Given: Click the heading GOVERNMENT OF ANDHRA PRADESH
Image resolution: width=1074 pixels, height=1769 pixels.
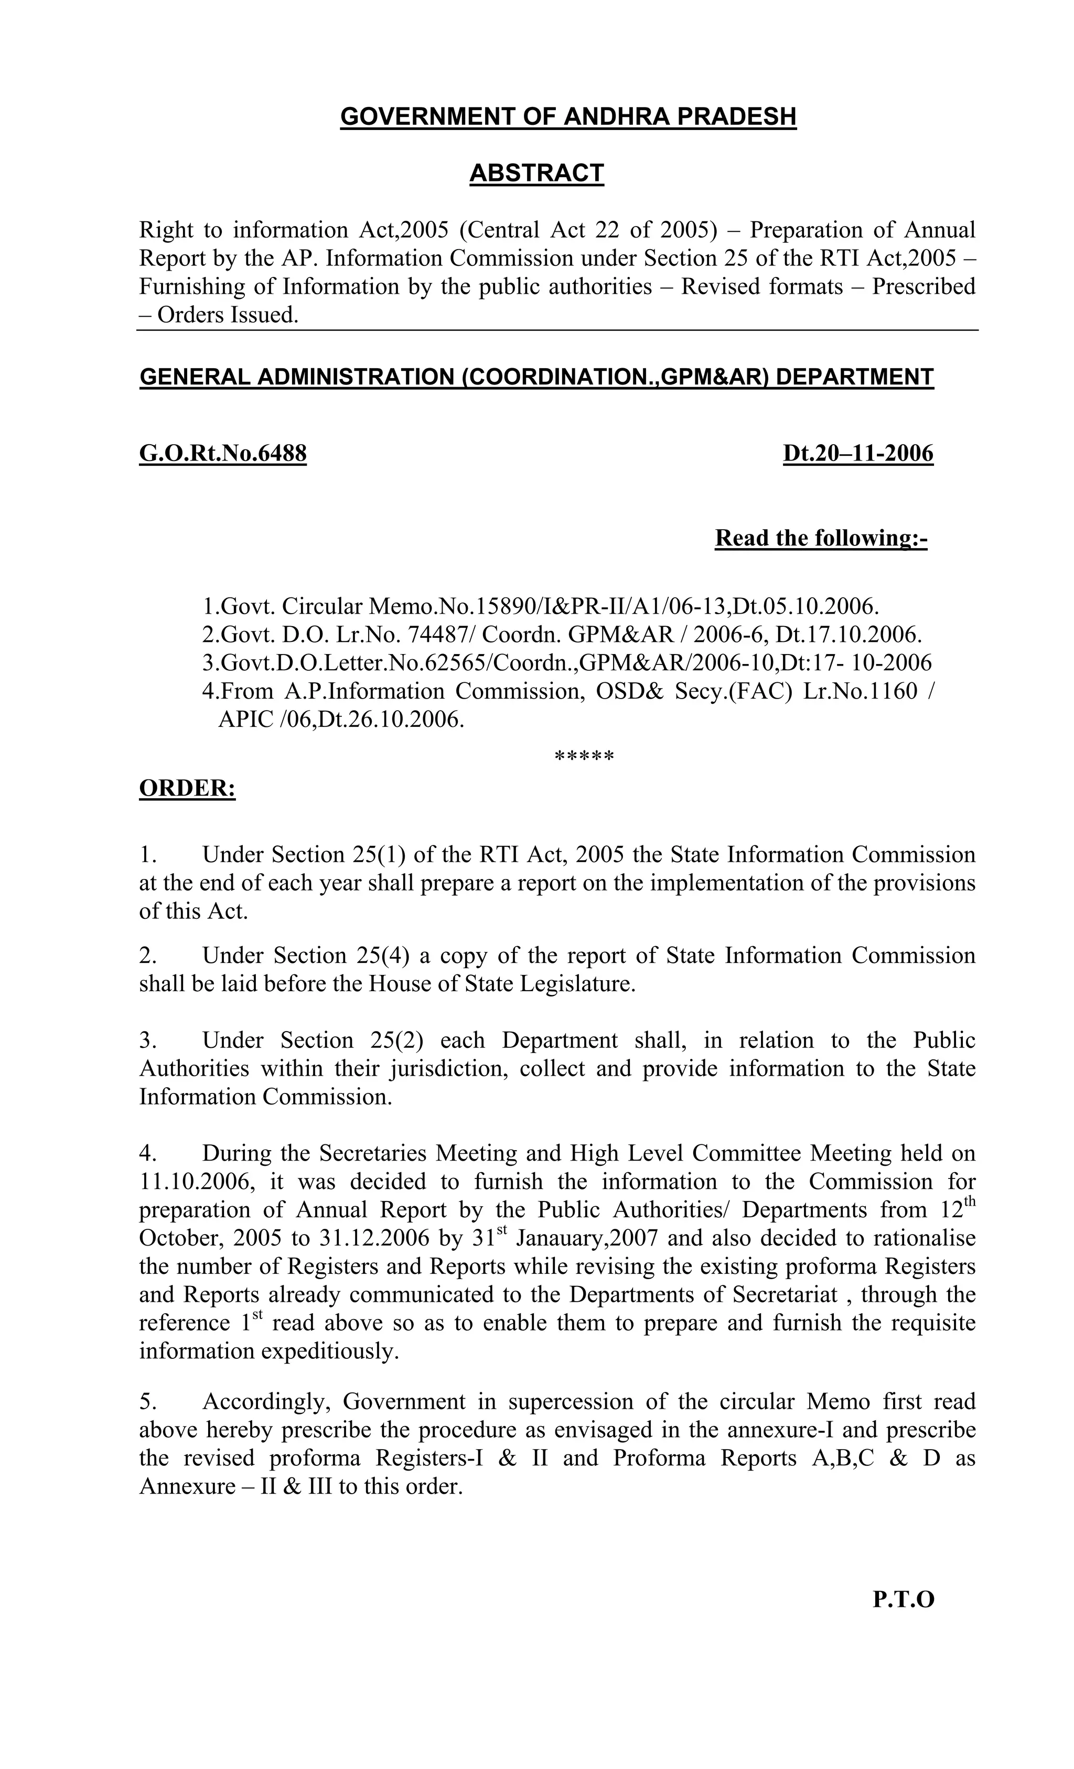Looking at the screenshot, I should point(568,117).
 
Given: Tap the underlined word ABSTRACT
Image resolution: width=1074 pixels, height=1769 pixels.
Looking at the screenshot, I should point(536,173).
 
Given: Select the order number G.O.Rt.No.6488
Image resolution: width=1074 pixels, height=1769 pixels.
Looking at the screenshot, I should point(222,454).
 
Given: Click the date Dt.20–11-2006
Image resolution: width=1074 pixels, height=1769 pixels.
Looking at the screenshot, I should point(858,454).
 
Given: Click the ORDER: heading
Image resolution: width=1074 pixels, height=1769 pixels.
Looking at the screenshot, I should point(187,788).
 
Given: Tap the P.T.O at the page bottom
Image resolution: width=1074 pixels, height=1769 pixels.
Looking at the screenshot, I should point(903,1600).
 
